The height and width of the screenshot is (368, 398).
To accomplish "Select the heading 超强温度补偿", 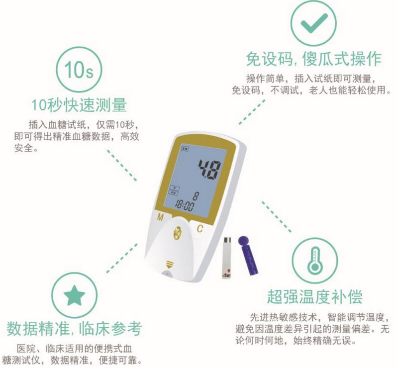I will coord(314,297).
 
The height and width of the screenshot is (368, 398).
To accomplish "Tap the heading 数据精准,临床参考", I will coord(74,328).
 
